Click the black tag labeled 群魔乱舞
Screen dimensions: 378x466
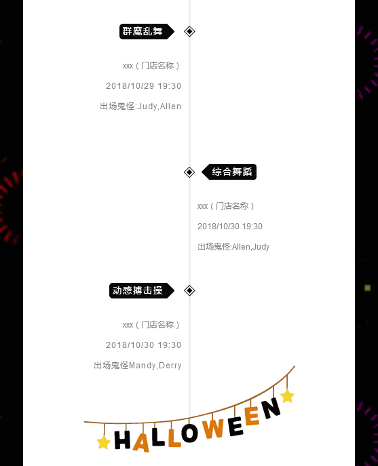[147, 31]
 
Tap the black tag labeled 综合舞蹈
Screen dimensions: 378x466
[229, 172]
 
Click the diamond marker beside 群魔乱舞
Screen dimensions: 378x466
[189, 31]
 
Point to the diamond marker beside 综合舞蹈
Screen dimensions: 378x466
[189, 172]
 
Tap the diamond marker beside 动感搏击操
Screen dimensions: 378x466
[189, 290]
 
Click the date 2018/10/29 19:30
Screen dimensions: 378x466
[143, 86]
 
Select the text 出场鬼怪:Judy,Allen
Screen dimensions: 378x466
[140, 106]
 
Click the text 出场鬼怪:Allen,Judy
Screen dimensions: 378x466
[233, 247]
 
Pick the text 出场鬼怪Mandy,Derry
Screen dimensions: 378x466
[137, 365]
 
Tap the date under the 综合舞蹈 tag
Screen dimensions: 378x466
[230, 227]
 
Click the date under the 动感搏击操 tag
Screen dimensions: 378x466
[143, 345]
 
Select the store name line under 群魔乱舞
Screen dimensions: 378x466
[151, 66]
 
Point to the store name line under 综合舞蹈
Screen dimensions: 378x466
[226, 206]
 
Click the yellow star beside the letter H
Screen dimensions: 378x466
[104, 442]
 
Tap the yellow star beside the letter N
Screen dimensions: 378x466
[287, 396]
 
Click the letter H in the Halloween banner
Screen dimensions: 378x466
[122, 440]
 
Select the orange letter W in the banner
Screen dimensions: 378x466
[213, 428]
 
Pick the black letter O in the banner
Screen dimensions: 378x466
[189, 433]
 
